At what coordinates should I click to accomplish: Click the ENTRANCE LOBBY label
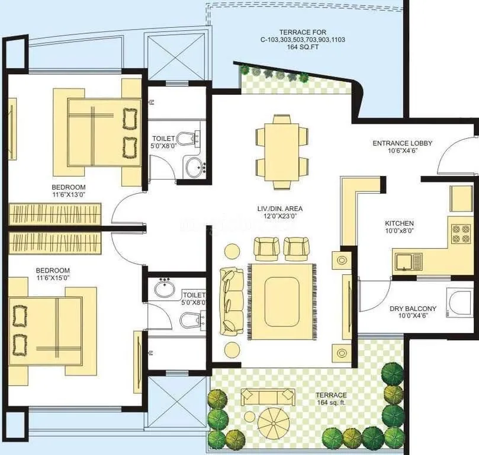(402, 143)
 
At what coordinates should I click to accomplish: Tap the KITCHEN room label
(400, 223)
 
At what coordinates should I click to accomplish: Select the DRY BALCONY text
(413, 309)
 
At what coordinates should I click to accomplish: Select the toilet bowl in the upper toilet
(188, 139)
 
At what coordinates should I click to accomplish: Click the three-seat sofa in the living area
(230, 300)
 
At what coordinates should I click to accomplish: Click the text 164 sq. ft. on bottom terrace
(331, 403)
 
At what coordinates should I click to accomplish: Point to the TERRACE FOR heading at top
(303, 31)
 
